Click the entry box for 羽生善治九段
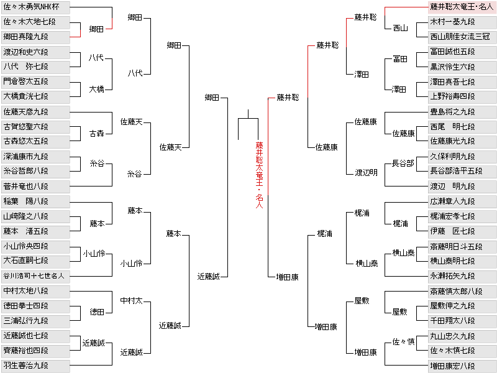pyautogui.click(x=35, y=366)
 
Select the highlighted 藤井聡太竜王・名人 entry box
pyautogui.click(x=462, y=7)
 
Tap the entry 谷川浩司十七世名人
pyautogui.click(x=35, y=276)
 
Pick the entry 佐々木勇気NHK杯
pyautogui.click(x=35, y=7)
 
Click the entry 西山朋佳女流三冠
pyautogui.click(x=462, y=37)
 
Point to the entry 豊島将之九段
pyautogui.click(x=462, y=112)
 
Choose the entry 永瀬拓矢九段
pyautogui.click(x=462, y=276)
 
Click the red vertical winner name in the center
pyautogui.click(x=259, y=175)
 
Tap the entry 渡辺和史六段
pyautogui.click(x=35, y=52)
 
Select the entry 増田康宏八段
pyautogui.click(x=462, y=366)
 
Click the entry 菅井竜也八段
pyautogui.click(x=35, y=186)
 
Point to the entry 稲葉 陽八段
pyautogui.click(x=35, y=201)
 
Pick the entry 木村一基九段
pyautogui.click(x=462, y=22)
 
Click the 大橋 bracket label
pyautogui.click(x=97, y=90)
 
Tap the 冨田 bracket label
pyautogui.click(x=400, y=59)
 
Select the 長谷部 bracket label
pyautogui.click(x=403, y=163)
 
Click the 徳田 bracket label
pyautogui.click(x=97, y=312)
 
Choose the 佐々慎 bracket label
pyautogui.click(x=403, y=341)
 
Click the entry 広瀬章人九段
pyautogui.click(x=462, y=201)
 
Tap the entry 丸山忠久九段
pyautogui.click(x=462, y=336)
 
